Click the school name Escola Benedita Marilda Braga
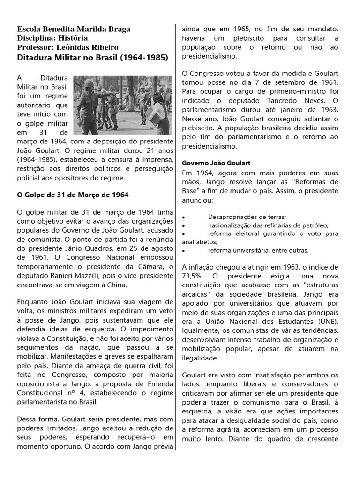tap(74, 29)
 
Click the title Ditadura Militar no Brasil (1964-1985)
tap(92, 57)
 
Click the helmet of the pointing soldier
tap(89, 83)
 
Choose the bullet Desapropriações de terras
tap(247, 217)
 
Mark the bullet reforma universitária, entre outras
tap(258, 250)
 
